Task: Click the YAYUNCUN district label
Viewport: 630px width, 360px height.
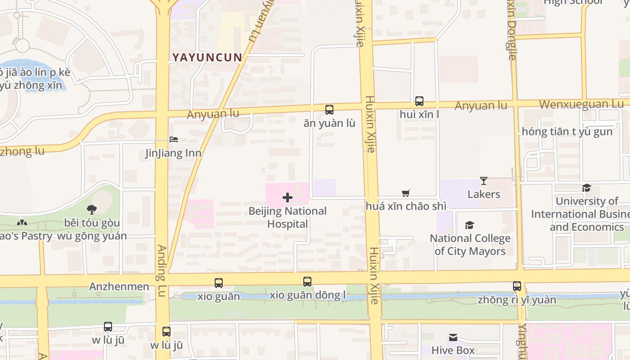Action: point(207,57)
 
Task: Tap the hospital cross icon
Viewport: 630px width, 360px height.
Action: point(288,198)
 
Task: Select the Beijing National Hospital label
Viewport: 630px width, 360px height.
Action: point(288,217)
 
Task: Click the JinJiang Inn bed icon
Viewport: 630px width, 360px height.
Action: point(174,140)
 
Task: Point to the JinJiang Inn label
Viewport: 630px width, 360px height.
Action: point(173,153)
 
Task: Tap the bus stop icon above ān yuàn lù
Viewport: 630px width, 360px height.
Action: point(329,110)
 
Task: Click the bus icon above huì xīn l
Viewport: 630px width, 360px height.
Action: point(419,101)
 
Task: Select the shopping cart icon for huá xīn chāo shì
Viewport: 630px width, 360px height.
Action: point(406,193)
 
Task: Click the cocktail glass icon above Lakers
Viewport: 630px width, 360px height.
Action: point(484,181)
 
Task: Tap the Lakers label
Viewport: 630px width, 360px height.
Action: point(484,194)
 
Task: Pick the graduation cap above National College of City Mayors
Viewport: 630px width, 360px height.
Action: point(470,225)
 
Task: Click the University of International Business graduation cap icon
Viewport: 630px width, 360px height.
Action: point(586,188)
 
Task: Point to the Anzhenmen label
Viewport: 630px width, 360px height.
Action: point(119,287)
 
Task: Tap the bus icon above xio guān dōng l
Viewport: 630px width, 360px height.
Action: point(307,282)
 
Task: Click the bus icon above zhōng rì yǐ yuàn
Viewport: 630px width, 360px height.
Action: point(517,286)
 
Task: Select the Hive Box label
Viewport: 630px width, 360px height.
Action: point(453,350)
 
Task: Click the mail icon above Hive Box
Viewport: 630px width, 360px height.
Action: point(453,337)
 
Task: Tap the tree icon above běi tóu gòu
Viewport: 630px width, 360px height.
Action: point(92,210)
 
